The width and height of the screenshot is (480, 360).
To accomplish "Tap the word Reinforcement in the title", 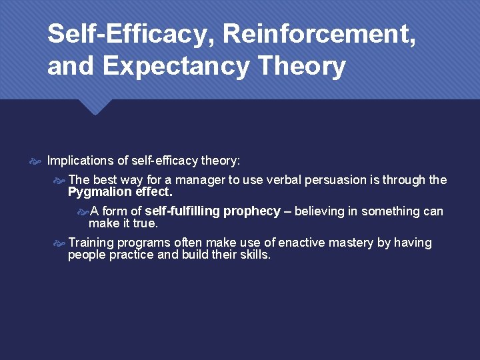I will tap(307, 34).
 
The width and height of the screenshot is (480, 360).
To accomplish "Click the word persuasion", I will tap(336, 180).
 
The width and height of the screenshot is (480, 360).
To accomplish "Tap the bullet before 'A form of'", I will tap(83, 211).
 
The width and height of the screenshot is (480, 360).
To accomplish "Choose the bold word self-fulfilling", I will tap(182, 211).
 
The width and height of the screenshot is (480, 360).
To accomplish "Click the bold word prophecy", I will tap(252, 211).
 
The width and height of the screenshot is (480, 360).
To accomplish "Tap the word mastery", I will tap(351, 243).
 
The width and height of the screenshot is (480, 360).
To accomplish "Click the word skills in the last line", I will tap(254, 255).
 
